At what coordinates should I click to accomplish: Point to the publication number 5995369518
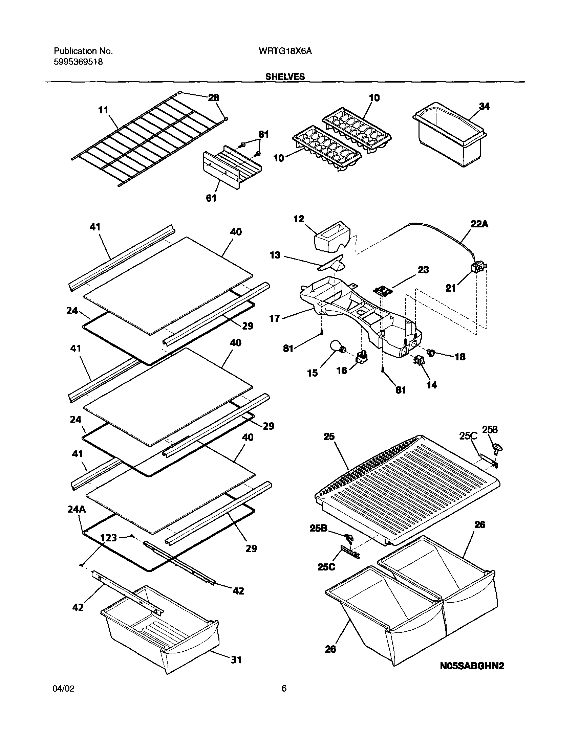[x=78, y=62]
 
